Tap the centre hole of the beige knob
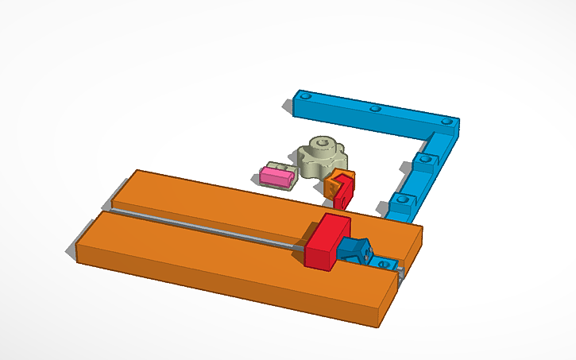tap(320, 144)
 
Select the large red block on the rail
tap(326, 242)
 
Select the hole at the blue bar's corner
tap(446, 122)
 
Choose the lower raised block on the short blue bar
tap(404, 201)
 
